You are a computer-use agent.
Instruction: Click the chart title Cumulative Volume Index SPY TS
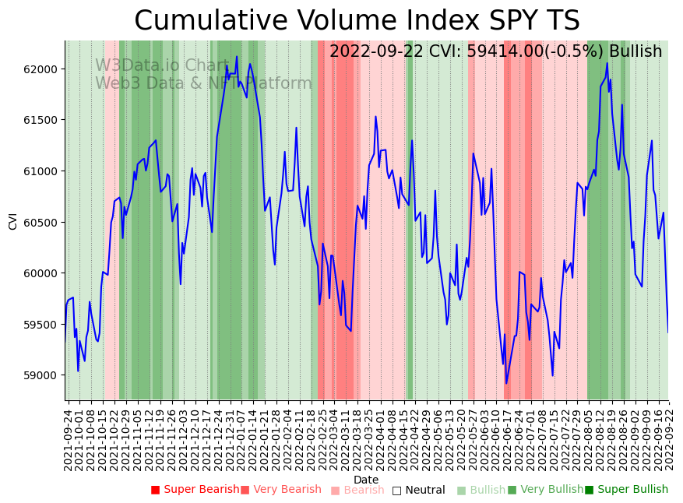tap(357, 21)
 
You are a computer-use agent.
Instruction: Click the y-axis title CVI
tap(12, 220)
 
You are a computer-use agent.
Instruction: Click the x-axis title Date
tap(366, 480)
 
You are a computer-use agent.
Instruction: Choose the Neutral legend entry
tap(418, 491)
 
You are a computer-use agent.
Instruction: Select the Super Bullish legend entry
tap(626, 490)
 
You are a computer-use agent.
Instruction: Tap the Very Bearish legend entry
tap(280, 490)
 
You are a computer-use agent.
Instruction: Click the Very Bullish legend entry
tap(545, 490)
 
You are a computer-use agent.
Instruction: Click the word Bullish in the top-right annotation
tap(635, 52)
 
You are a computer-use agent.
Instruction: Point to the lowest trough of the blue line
tap(506, 383)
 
